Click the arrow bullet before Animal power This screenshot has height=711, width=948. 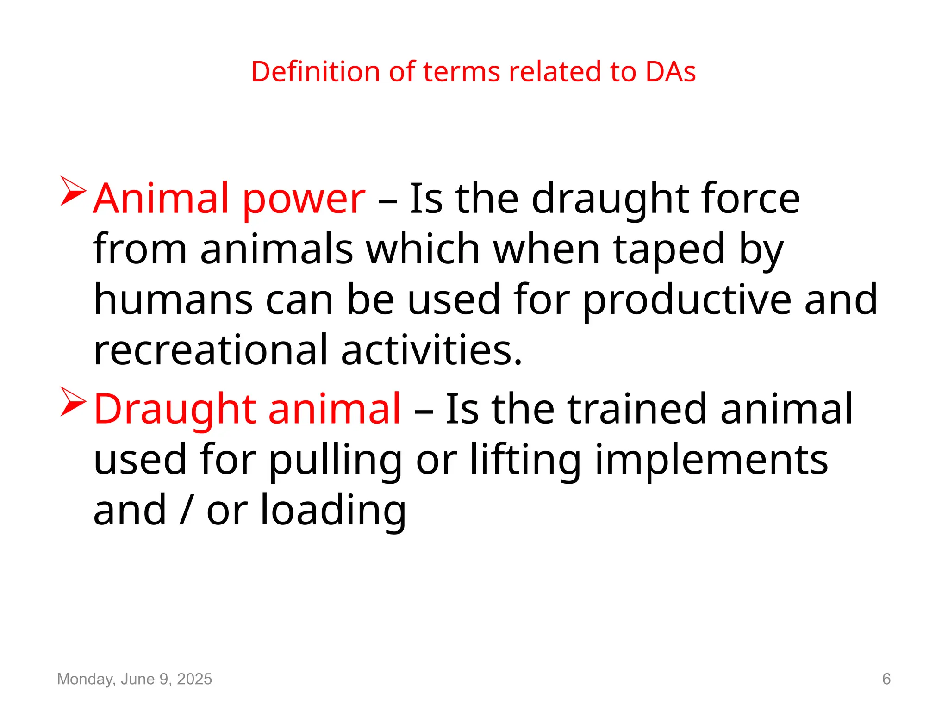pyautogui.click(x=73, y=191)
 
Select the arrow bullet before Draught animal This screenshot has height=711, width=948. pyautogui.click(x=73, y=401)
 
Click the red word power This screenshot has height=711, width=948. pyautogui.click(x=304, y=199)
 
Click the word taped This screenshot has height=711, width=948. pyautogui.click(x=669, y=250)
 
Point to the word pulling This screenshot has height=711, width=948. pyautogui.click(x=336, y=461)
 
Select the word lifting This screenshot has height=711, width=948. pyautogui.click(x=525, y=461)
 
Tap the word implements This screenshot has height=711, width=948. pyautogui.click(x=711, y=461)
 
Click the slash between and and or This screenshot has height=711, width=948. pyautogui.click(x=186, y=510)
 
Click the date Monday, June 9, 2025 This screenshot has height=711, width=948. pyautogui.click(x=134, y=679)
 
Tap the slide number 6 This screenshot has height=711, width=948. pyautogui.click(x=886, y=679)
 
